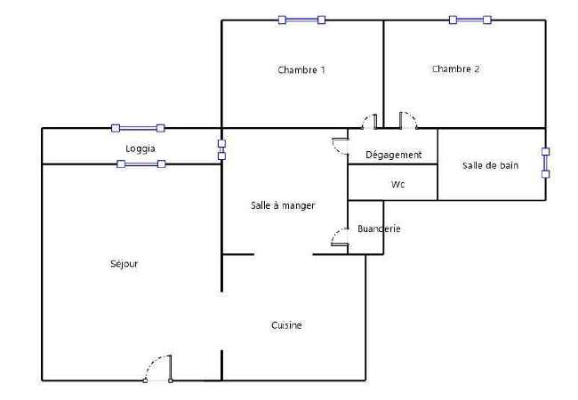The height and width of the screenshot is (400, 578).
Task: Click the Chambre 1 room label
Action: [301, 69]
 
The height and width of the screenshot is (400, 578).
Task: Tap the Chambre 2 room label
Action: [455, 68]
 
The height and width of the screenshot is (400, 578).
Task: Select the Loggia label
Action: [140, 148]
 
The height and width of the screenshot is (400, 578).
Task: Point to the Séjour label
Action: [124, 264]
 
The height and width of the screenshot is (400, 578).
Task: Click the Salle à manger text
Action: [283, 205]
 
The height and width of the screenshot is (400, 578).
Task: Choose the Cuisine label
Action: [286, 325]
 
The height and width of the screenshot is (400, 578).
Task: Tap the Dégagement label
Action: [393, 155]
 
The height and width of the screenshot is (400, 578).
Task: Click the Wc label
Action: [397, 184]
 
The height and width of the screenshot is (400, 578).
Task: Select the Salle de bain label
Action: [490, 165]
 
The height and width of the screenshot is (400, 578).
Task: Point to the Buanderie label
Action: [379, 228]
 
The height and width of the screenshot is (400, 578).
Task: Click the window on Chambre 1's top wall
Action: [301, 20]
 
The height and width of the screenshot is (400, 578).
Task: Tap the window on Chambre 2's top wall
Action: [470, 20]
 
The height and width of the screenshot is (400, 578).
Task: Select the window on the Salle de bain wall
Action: [546, 163]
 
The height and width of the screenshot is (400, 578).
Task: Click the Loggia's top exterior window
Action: [138, 128]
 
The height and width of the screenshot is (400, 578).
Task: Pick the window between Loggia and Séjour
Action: [140, 164]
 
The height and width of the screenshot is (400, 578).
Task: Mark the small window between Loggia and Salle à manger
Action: [221, 149]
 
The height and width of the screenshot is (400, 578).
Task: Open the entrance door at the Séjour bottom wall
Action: [158, 368]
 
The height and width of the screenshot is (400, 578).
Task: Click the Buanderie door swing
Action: [340, 236]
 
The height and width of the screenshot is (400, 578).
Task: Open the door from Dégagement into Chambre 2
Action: [408, 120]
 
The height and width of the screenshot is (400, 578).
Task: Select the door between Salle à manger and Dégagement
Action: [341, 147]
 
